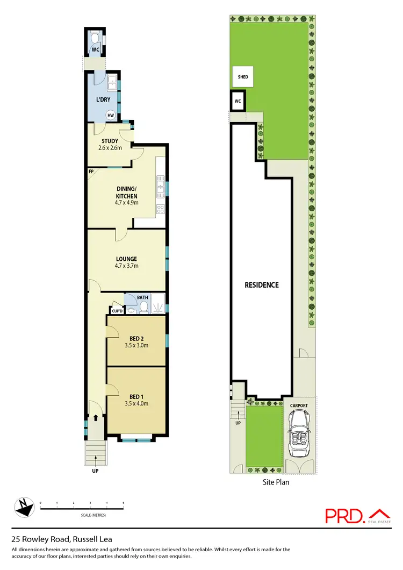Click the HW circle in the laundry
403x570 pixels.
coord(111,115)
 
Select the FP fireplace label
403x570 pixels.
coord(91,172)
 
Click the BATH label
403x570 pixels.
coord(142,297)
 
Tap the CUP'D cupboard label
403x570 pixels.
coord(117,310)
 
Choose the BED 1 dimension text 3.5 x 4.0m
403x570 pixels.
coord(136,403)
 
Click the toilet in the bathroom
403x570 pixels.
coord(144,307)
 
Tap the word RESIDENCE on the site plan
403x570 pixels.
coord(263,285)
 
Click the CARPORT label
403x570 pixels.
coord(299,405)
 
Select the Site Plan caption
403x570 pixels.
coord(276,482)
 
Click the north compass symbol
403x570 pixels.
coord(23,505)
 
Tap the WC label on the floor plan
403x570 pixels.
coord(95,49)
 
